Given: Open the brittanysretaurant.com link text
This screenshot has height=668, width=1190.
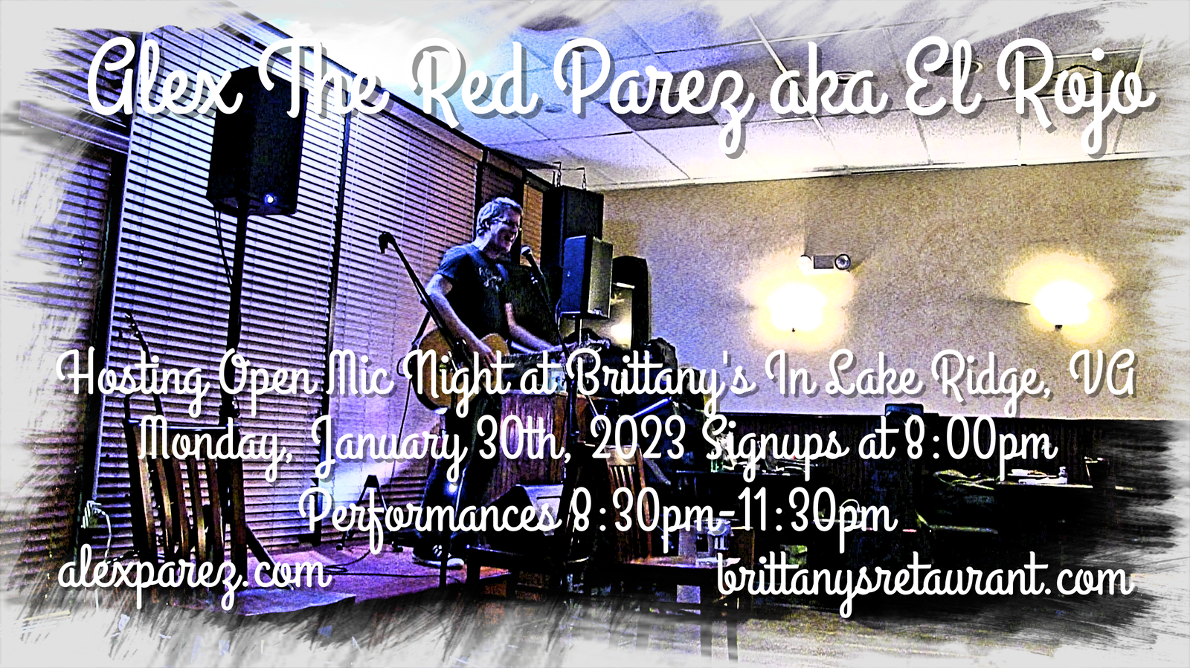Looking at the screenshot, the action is pyautogui.click(x=924, y=582).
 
